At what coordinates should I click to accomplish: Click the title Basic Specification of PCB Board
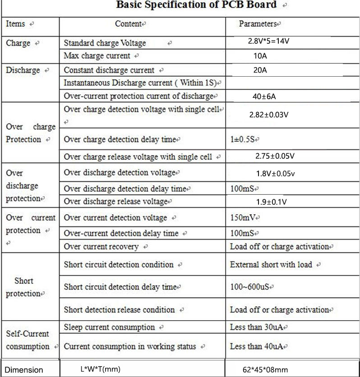[196, 5]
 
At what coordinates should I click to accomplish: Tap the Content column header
[129, 24]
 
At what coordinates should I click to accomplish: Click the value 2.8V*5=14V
[268, 41]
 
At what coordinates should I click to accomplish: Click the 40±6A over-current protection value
[263, 96]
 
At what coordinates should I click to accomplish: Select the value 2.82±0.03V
[268, 115]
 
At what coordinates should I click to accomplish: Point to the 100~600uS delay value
[251, 287]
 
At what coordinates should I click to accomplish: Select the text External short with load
[271, 265]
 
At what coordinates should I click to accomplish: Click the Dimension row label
[24, 370]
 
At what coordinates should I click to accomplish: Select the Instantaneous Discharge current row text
[141, 83]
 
